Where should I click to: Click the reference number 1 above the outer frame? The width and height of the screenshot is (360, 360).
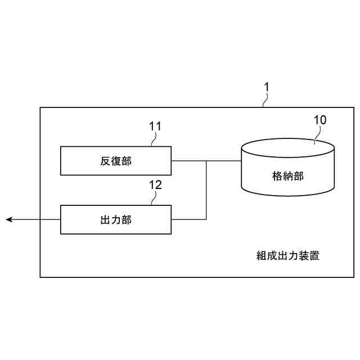(x=267, y=87)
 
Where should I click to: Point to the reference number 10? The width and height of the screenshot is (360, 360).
(x=319, y=120)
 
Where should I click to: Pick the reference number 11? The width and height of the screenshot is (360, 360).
(x=155, y=126)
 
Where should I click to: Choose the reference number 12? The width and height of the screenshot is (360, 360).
(x=155, y=184)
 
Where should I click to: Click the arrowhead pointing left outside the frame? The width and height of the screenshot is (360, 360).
(x=10, y=219)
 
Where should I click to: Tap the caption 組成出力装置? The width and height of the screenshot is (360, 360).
(x=288, y=255)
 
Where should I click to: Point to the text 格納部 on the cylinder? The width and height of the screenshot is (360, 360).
(x=287, y=176)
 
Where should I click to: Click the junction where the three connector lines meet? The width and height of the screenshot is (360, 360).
(x=207, y=161)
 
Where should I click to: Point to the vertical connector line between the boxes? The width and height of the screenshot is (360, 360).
(x=207, y=191)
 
